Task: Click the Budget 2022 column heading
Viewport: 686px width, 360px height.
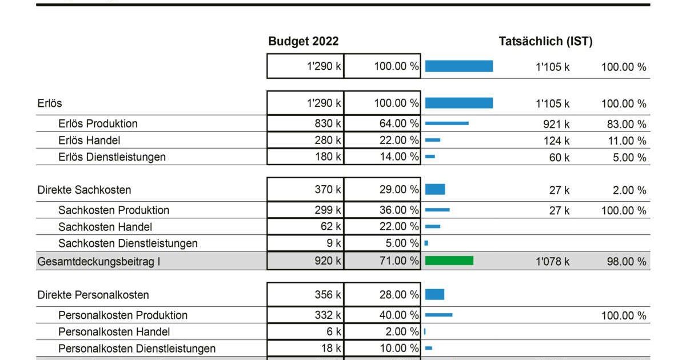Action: [303, 41]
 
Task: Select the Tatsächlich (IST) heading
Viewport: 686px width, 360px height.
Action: [545, 41]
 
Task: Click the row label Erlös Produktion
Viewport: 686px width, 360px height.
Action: [98, 123]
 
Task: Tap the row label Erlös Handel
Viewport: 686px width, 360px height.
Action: [89, 141]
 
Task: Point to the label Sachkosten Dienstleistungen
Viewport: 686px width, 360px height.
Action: [127, 243]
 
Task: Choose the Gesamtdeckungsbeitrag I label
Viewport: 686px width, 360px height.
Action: [98, 262]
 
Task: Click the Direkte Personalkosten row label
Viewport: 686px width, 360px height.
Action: [93, 295]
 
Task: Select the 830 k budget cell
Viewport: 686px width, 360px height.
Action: [305, 123]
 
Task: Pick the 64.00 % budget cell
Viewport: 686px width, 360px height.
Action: [382, 123]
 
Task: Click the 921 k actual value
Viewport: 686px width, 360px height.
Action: [556, 125]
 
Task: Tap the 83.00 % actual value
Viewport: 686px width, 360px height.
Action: [627, 125]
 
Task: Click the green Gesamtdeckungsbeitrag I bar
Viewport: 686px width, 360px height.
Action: [449, 261]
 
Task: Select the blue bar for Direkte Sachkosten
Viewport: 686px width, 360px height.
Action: [435, 190]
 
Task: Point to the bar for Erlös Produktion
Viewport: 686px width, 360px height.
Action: [447, 123]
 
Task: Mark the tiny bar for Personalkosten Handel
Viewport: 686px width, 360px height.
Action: [425, 331]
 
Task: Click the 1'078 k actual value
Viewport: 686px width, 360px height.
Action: [552, 262]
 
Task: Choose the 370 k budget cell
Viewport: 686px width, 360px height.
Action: [305, 190]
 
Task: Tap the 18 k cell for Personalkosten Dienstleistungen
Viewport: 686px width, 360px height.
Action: [305, 349]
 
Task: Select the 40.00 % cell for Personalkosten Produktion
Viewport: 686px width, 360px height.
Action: [382, 315]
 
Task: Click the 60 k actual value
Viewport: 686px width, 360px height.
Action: [559, 158]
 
